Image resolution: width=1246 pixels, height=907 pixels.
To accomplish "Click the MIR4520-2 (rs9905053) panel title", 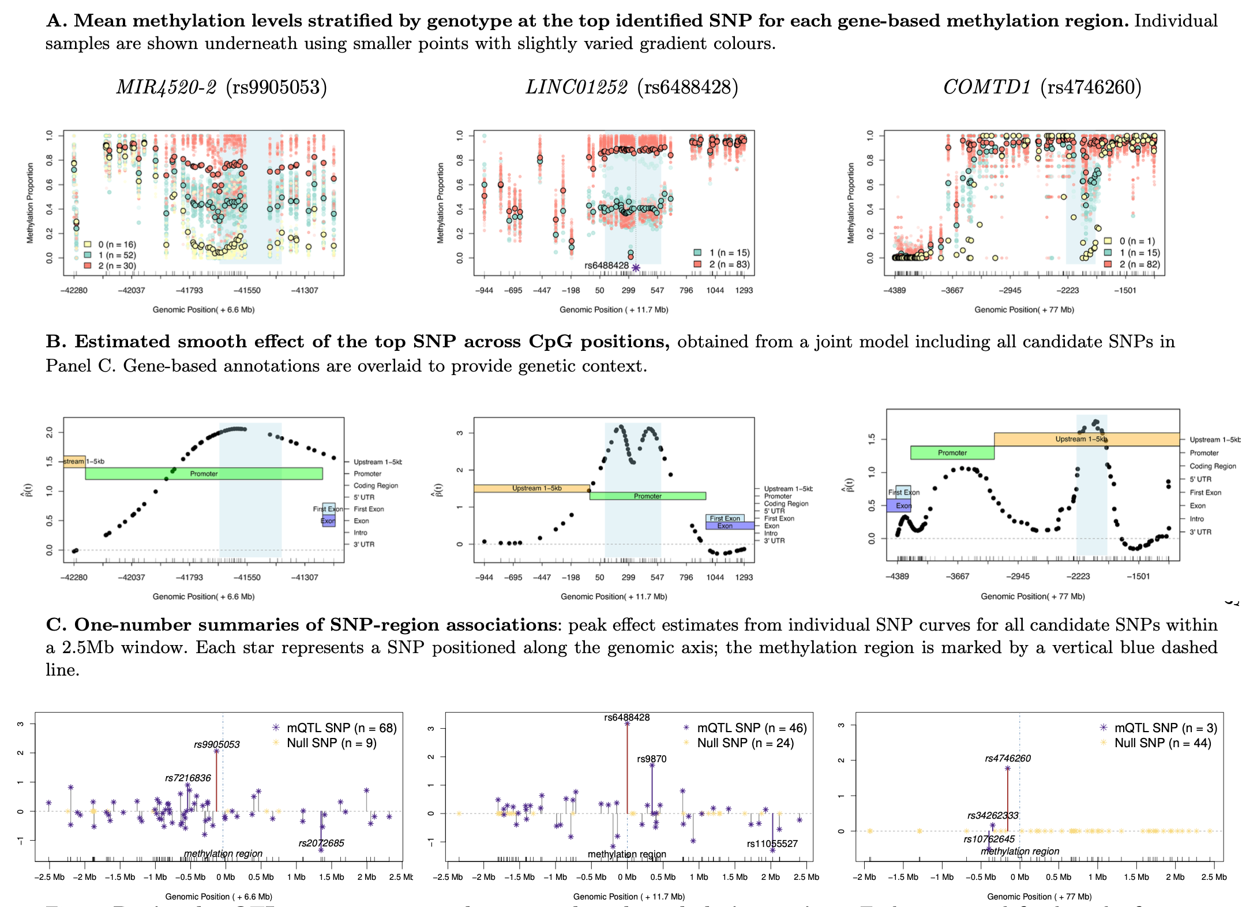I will click(x=222, y=87).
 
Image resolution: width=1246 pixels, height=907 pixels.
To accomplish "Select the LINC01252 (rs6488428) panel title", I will click(x=632, y=87).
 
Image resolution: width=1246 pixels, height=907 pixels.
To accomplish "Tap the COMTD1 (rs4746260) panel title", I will click(x=1042, y=87).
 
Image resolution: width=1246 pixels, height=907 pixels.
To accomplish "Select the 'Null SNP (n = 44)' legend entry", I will click(x=1162, y=743).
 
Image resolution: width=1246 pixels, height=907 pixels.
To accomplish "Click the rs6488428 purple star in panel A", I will click(x=636, y=268).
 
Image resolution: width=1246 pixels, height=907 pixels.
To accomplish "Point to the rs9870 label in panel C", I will click(x=651, y=759).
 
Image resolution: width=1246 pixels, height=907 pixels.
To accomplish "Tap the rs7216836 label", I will click(x=188, y=778).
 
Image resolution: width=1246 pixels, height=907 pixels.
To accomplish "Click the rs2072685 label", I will click(x=321, y=843).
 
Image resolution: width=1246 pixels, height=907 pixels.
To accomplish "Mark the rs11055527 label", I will click(x=772, y=844).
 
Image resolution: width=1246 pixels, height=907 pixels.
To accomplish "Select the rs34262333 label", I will click(x=993, y=815).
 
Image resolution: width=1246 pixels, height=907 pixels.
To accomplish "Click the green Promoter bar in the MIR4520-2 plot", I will click(x=204, y=474).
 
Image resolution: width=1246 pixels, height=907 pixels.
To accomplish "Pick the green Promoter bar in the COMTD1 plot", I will click(x=952, y=453).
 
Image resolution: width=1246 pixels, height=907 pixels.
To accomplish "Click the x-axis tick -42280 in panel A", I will click(x=74, y=290).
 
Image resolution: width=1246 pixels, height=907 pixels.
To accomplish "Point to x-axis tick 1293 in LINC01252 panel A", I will click(x=744, y=290).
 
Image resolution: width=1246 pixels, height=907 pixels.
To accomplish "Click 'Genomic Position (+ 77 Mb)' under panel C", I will click(x=1039, y=897).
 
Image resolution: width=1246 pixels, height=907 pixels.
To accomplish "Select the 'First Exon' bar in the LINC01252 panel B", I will click(x=725, y=518).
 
